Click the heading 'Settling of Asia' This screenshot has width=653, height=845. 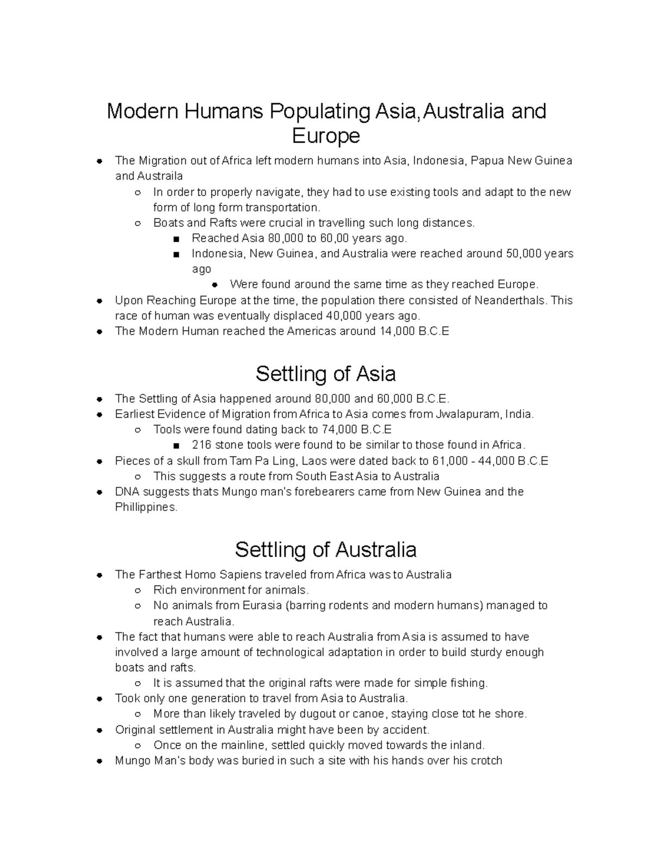(325, 374)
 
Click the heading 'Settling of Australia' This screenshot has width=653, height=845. (325, 550)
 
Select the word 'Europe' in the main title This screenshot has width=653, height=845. (325, 135)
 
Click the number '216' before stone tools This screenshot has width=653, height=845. (201, 445)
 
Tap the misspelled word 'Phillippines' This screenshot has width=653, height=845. (146, 507)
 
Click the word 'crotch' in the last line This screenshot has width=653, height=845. (484, 761)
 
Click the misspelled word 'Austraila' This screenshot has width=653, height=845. (159, 176)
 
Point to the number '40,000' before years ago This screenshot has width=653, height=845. (343, 316)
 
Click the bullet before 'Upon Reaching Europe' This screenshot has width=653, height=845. (100, 301)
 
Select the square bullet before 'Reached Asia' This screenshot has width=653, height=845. (176, 239)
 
